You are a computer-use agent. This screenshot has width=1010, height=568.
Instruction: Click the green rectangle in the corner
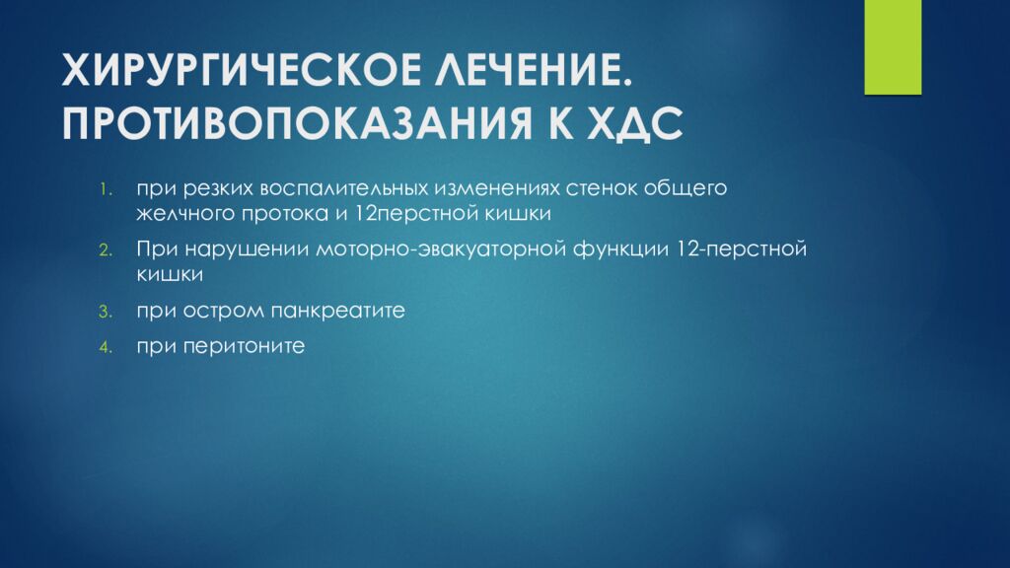click(x=893, y=47)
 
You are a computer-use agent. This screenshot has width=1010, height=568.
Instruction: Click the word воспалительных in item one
click(x=347, y=187)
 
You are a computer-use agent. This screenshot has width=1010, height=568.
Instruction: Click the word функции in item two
click(x=622, y=248)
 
